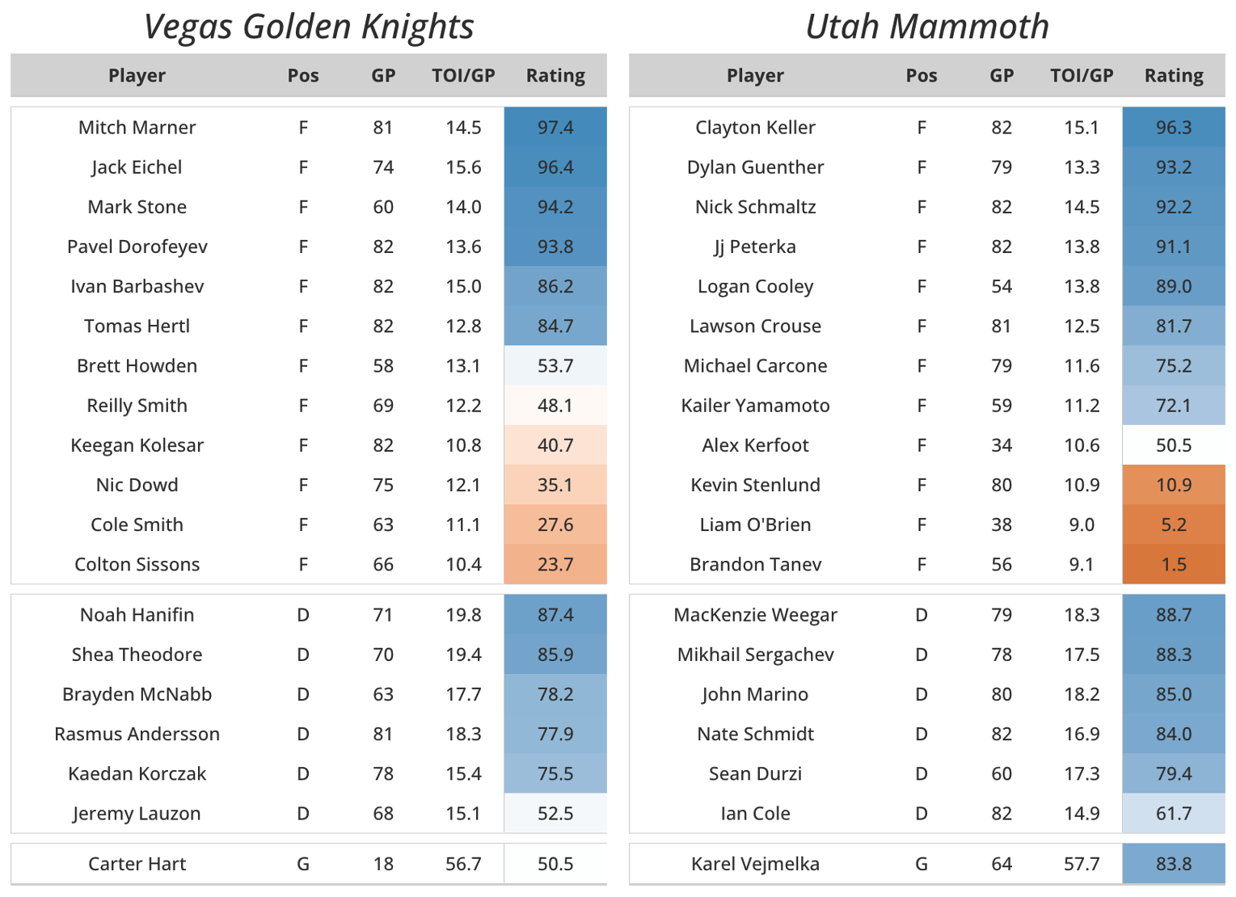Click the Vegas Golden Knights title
[x=308, y=27]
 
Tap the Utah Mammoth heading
[x=926, y=27]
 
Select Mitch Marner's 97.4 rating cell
[x=555, y=128]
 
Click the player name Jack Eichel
[x=137, y=167]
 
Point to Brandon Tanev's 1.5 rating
[x=1173, y=564]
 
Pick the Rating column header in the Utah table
[x=1173, y=76]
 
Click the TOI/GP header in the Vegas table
[x=463, y=76]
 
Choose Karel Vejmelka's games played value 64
[x=1001, y=864]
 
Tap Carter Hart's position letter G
[x=303, y=864]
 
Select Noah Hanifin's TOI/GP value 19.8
[x=463, y=615]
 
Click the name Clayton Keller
[x=755, y=128]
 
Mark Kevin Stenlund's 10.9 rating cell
[x=1173, y=485]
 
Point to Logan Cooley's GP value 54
[x=1001, y=286]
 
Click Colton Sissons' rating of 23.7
[x=555, y=564]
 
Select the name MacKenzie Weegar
[x=755, y=615]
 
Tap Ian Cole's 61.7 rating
[x=1173, y=814]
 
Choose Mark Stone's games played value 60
[x=383, y=207]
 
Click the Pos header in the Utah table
[x=921, y=76]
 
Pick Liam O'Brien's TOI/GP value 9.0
[x=1081, y=524]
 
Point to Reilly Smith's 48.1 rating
[x=555, y=406]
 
